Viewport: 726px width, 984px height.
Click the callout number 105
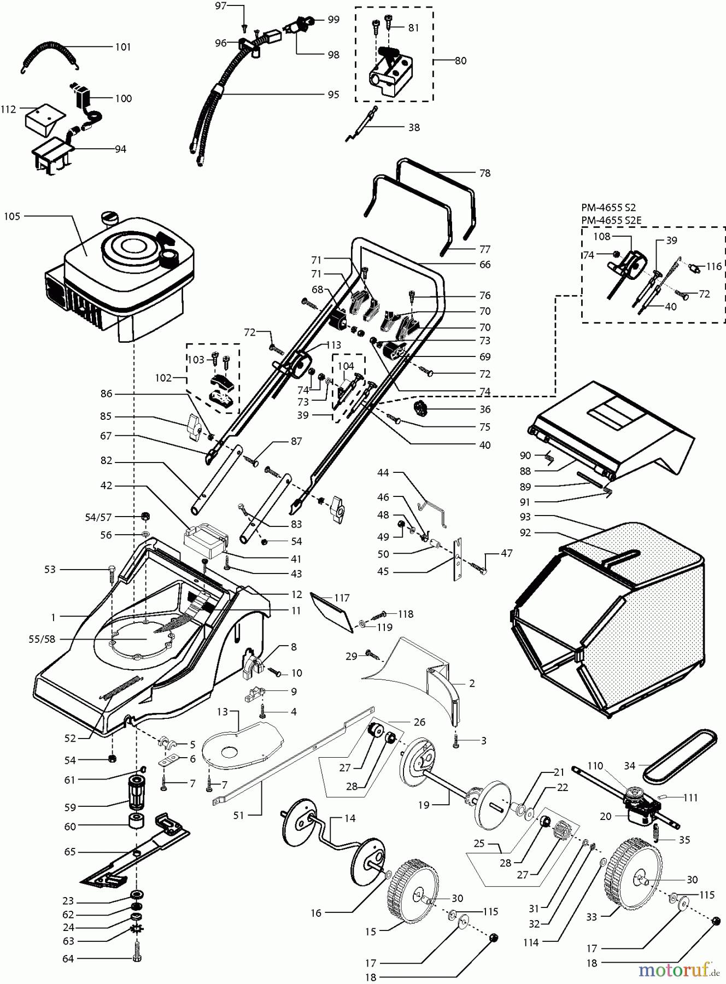click(11, 216)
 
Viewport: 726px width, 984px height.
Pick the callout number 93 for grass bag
click(525, 517)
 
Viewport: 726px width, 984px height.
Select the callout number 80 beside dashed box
click(460, 61)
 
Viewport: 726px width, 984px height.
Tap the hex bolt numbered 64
click(135, 958)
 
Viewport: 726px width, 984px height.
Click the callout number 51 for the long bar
click(238, 815)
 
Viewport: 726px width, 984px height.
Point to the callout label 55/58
click(42, 639)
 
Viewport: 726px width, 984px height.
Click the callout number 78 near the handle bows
click(484, 173)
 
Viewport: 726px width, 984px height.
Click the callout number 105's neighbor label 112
click(8, 109)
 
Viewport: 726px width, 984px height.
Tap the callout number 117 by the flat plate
click(342, 598)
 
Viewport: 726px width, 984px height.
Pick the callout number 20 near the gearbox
click(605, 816)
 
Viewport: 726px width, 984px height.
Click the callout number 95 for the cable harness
click(333, 95)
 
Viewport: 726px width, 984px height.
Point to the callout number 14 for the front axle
click(349, 818)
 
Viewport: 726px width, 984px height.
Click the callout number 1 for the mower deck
click(53, 617)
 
